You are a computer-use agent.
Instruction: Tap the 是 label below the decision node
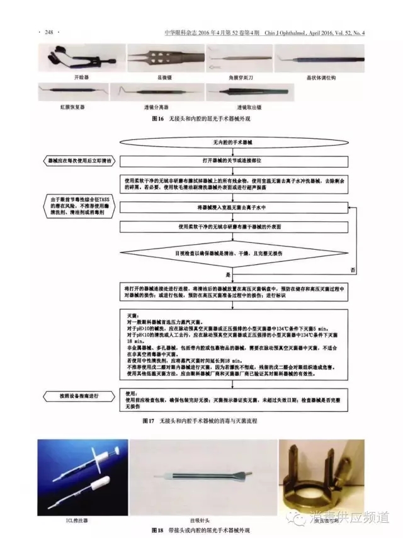(x=229, y=276)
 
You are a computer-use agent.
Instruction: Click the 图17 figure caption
(x=201, y=419)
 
